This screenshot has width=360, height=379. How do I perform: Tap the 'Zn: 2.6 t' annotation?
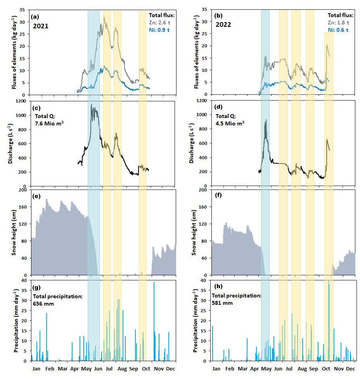[x=162, y=23]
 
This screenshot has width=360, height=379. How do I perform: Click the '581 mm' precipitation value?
[x=223, y=303]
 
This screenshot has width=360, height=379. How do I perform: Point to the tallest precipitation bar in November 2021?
[x=154, y=282]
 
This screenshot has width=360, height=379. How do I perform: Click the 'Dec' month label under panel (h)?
[x=351, y=368]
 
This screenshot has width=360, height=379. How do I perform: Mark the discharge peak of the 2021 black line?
[x=91, y=104]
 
